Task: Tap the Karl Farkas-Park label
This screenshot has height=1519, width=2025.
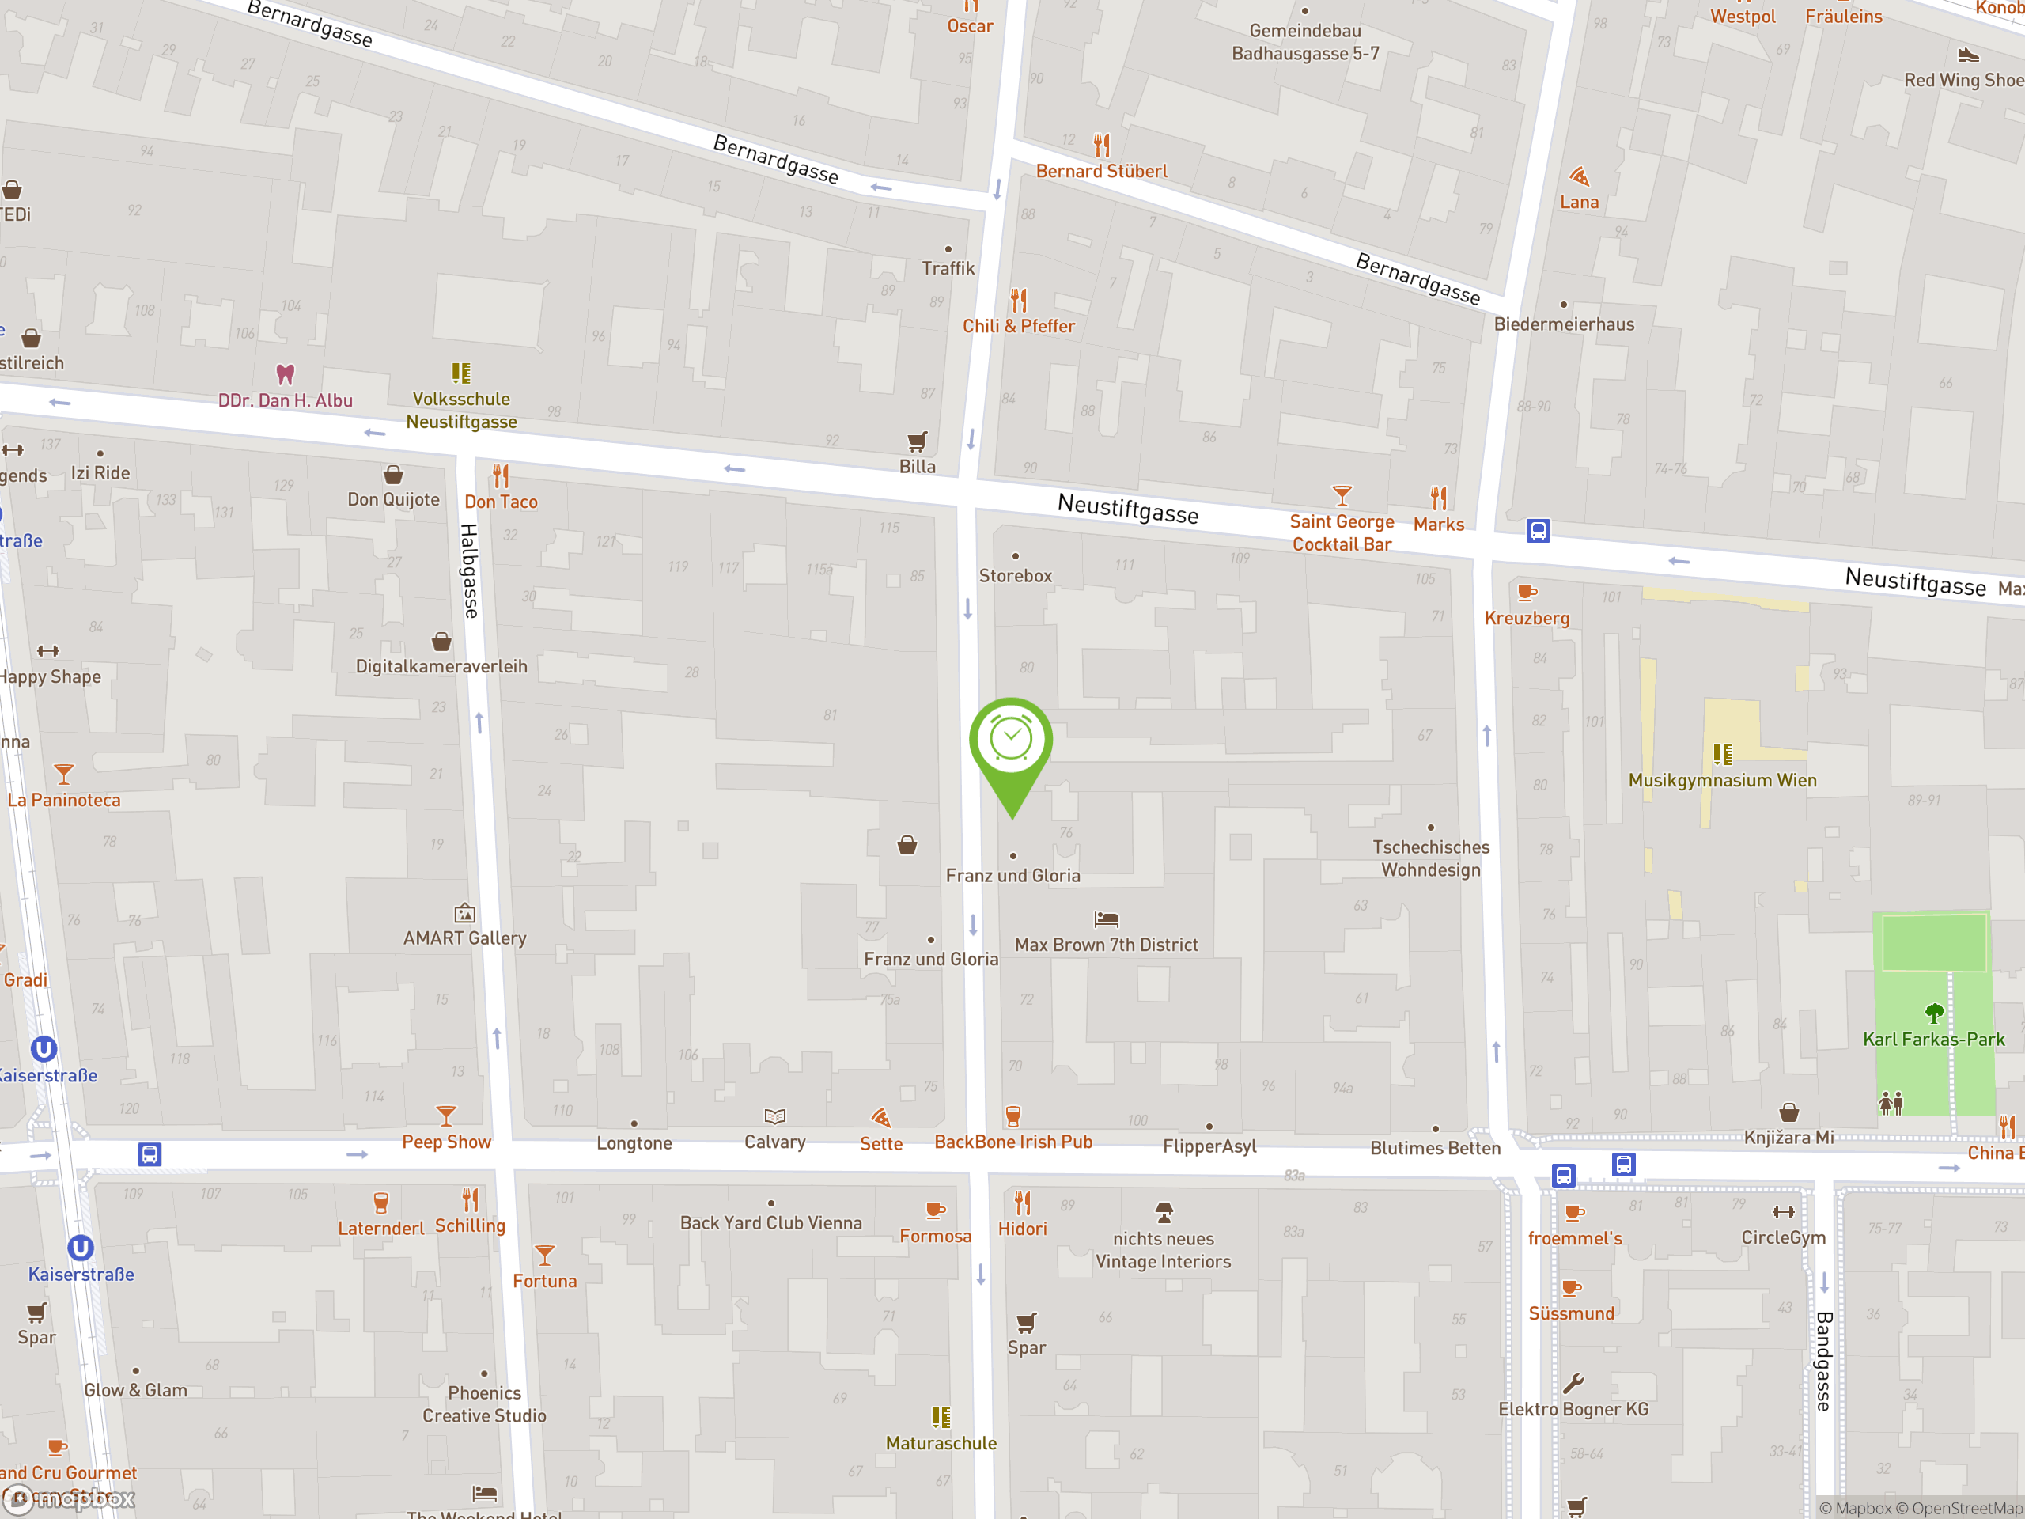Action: click(x=1933, y=1040)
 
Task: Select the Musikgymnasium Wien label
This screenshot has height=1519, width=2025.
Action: click(x=1722, y=780)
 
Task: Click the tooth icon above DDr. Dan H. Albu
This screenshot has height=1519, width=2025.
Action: click(x=286, y=374)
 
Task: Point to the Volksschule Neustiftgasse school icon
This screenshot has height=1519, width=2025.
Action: click(x=461, y=373)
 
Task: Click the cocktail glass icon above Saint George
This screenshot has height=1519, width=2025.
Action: click(x=1341, y=496)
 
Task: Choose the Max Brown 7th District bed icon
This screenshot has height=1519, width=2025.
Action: click(x=1106, y=919)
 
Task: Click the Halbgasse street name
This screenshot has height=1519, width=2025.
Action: click(x=469, y=570)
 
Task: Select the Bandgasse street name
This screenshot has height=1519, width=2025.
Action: click(x=1823, y=1361)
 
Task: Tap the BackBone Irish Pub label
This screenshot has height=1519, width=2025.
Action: click(x=1013, y=1142)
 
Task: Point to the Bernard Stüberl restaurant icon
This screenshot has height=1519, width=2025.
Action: click(x=1102, y=145)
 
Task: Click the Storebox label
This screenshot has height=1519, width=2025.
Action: click(x=1015, y=576)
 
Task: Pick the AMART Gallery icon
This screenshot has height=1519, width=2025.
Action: click(x=465, y=913)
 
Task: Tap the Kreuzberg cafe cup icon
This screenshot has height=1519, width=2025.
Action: click(x=1526, y=593)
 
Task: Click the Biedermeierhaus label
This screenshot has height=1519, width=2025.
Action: click(x=1564, y=324)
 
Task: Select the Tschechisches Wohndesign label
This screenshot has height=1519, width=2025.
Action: click(x=1431, y=858)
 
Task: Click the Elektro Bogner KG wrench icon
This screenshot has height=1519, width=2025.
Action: click(x=1573, y=1384)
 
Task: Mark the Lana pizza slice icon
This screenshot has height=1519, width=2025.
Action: click(x=1579, y=176)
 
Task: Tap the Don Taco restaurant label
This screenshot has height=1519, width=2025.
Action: click(x=501, y=502)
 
